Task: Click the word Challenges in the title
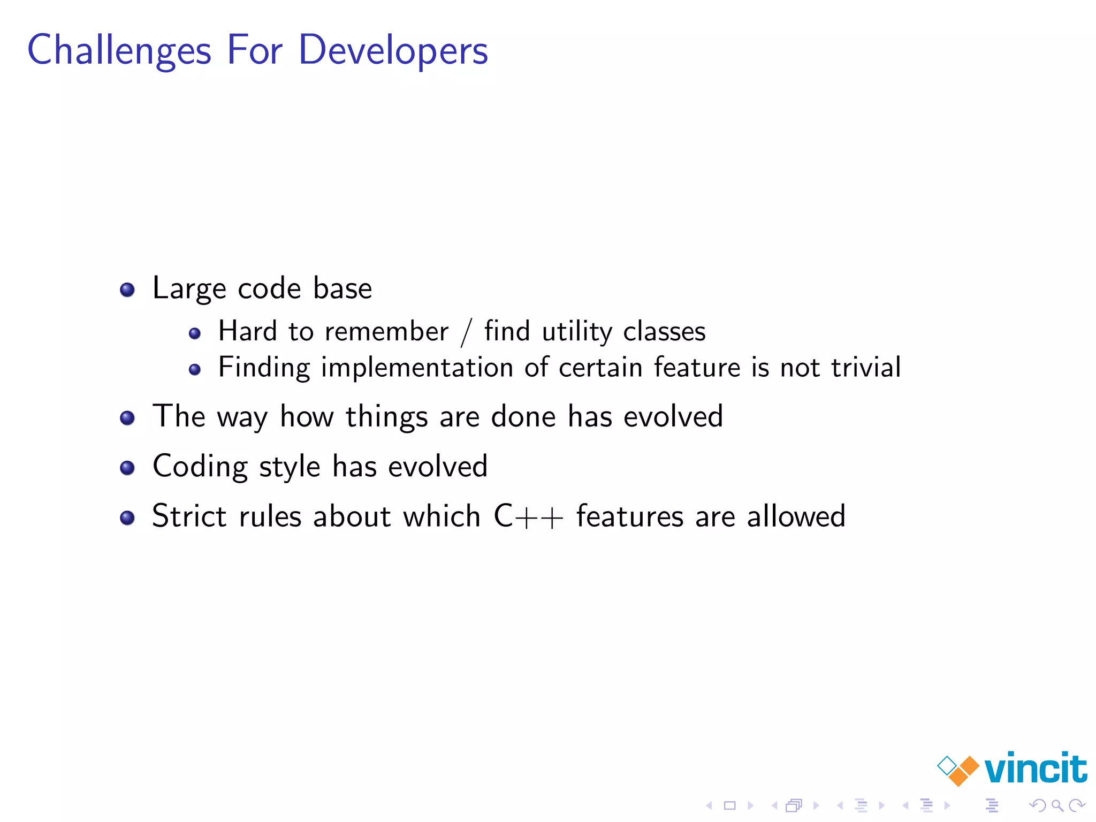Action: click(x=119, y=50)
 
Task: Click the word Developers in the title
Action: click(x=393, y=50)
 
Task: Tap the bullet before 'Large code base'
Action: click(x=127, y=290)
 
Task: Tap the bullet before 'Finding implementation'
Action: click(x=195, y=369)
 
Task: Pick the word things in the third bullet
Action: click(x=386, y=417)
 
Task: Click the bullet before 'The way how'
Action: click(x=127, y=418)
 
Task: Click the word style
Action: click(x=290, y=467)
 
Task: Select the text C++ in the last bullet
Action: click(x=528, y=516)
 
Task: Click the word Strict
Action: click(x=189, y=516)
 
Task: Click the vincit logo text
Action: click(x=1035, y=769)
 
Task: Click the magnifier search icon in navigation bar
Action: click(x=1057, y=805)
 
